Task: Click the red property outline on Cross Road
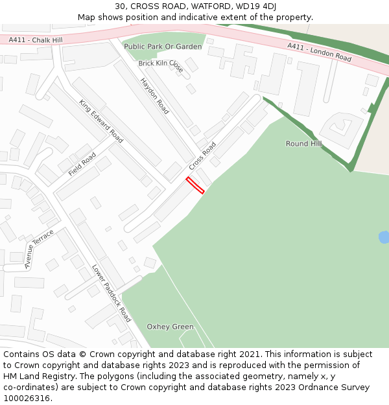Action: (195, 185)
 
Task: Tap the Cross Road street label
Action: (202, 157)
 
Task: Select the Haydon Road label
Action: (155, 96)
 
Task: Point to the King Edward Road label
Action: (101, 121)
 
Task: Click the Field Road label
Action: (82, 165)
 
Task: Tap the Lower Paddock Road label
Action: (112, 293)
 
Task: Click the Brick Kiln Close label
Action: (161, 67)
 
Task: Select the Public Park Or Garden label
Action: (163, 47)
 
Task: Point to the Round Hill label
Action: (303, 144)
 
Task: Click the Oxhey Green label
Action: (170, 327)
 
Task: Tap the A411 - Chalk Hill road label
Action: (36, 40)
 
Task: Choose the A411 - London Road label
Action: (319, 52)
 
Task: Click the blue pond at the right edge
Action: (384, 237)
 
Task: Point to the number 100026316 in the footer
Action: (27, 398)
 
